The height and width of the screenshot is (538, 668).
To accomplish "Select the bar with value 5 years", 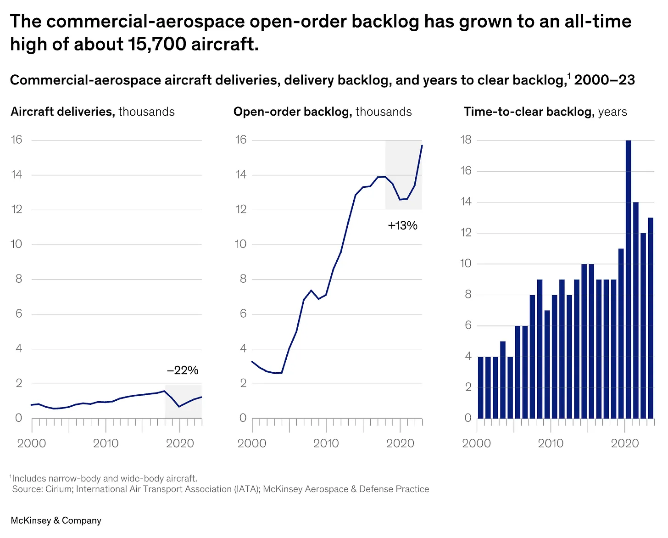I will click(x=503, y=380).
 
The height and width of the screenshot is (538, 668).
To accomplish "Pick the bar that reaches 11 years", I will click(x=621, y=333).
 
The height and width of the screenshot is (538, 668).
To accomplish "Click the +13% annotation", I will click(x=402, y=225).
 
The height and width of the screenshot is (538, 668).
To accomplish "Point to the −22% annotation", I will click(x=183, y=370).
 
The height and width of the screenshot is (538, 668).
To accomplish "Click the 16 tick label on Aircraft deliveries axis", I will click(x=17, y=140).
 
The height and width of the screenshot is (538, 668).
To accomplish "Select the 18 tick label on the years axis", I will click(x=466, y=140).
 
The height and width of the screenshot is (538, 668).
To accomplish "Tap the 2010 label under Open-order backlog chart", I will click(x=326, y=443).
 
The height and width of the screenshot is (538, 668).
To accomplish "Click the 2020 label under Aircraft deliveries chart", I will click(x=180, y=443).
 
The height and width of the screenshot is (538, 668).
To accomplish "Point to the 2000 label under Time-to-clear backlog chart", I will click(x=476, y=443).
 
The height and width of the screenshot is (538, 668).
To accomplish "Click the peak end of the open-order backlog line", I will click(x=422, y=146).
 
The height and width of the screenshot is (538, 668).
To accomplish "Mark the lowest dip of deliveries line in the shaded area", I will click(x=179, y=407).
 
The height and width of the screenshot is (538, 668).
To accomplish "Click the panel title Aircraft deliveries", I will click(x=62, y=112).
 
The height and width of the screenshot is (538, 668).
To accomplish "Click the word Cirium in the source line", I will click(x=58, y=489).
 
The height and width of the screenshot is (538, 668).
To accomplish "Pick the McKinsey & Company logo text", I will click(x=56, y=520).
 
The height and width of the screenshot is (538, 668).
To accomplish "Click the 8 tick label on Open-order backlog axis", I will click(x=243, y=279).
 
